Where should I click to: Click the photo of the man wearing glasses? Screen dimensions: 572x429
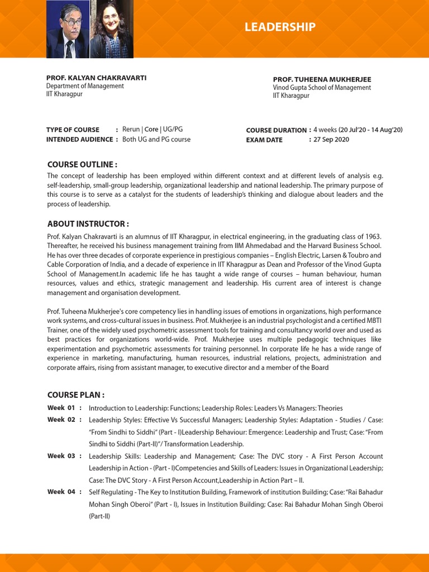point(68,29)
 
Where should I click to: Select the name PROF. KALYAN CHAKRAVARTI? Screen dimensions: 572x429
point(96,78)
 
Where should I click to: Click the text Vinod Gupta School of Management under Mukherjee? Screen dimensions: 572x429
point(321,88)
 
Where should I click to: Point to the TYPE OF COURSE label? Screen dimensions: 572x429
point(73,130)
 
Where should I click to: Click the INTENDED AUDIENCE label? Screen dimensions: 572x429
point(79,140)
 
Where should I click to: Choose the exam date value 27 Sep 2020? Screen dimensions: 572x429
point(331,140)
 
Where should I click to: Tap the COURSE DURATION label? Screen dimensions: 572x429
point(277,130)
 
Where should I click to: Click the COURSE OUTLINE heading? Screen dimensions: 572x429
point(82,164)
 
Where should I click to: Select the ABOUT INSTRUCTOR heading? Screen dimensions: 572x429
point(88,224)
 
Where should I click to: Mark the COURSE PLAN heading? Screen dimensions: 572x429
point(76,395)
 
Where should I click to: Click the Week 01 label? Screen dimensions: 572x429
point(61,408)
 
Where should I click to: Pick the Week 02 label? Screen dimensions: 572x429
point(61,420)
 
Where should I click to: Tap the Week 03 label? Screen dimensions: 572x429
point(61,456)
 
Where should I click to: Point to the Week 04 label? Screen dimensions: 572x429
point(61,492)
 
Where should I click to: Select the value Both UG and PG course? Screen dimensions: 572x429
point(156,140)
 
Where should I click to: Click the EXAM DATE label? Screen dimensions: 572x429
point(264,140)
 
